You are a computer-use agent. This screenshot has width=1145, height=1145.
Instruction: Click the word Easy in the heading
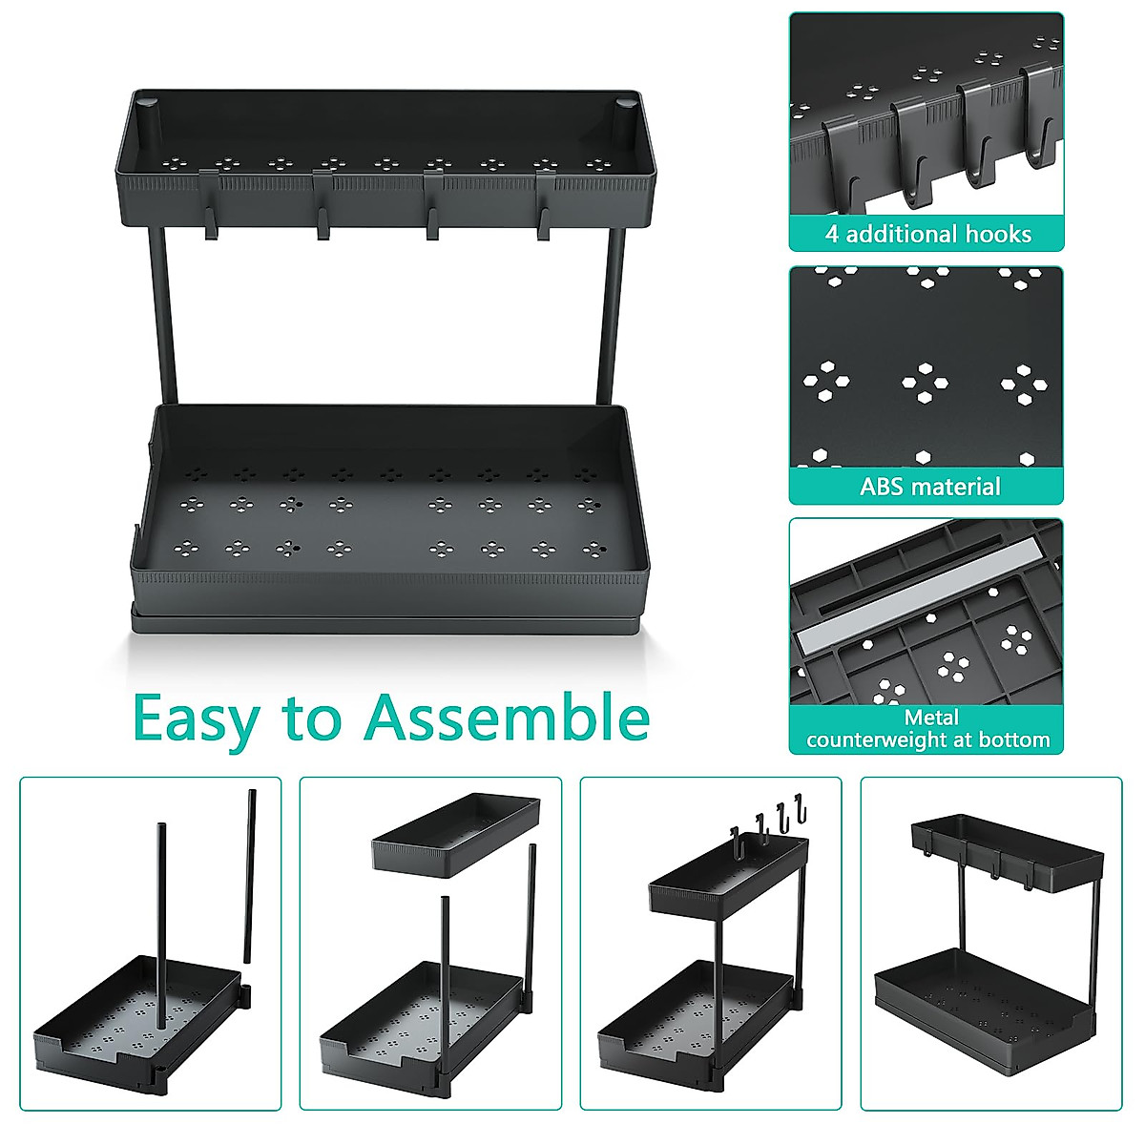(196, 718)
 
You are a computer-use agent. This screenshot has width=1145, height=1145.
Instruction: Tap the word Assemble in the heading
(507, 718)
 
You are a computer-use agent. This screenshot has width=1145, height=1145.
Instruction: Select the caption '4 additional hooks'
(927, 235)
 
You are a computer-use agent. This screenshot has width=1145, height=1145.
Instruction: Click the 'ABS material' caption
(929, 487)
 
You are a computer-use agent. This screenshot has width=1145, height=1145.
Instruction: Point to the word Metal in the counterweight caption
(931, 718)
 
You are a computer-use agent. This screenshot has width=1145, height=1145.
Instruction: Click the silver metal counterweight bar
(916, 601)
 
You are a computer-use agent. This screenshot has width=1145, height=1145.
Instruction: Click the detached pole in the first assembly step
(250, 873)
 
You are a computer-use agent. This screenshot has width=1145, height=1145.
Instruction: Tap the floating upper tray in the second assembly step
(455, 833)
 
